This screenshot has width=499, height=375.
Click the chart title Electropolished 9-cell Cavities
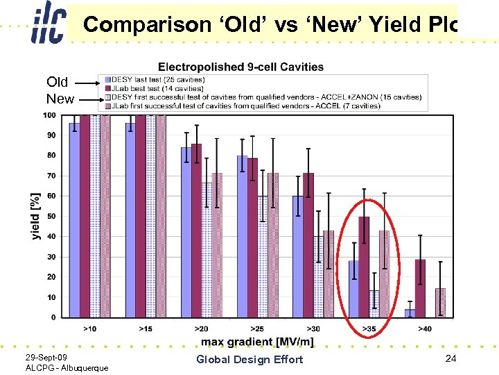pos(240,67)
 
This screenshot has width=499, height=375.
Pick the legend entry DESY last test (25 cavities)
pos(156,80)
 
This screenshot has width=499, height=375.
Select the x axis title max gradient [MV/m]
pos(257,342)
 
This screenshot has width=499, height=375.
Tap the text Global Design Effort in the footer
pos(249,359)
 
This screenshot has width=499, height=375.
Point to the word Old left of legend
pos(58,82)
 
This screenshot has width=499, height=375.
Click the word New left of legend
pos(60,99)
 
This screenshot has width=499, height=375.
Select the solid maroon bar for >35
pos(364,267)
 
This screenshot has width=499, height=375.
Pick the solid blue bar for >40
pos(410,313)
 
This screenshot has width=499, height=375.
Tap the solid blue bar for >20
pos(186,232)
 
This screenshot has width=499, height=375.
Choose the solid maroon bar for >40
pos(420,288)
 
